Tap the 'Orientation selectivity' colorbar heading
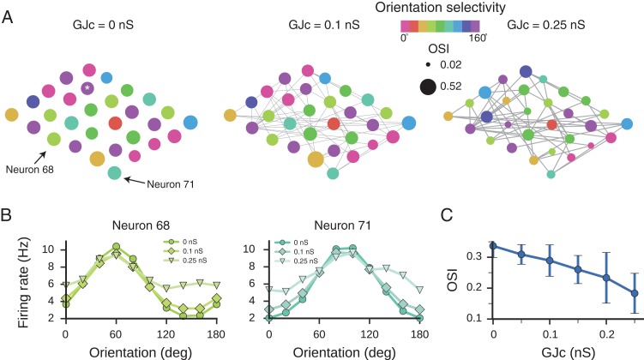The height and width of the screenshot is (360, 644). (450, 8)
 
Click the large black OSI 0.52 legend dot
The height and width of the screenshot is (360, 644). (429, 85)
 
